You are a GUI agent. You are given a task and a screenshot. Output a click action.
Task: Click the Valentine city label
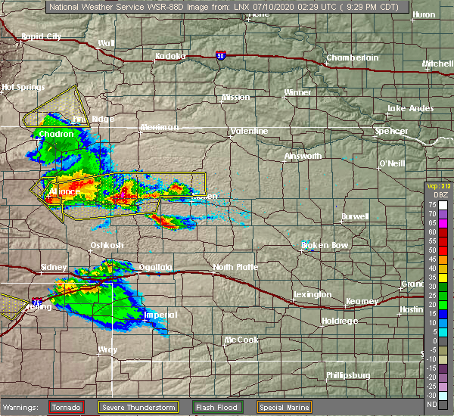coord(250,131)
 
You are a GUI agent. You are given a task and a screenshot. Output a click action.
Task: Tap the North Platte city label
coord(235,267)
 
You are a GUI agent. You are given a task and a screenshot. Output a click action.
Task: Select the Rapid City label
coord(42,36)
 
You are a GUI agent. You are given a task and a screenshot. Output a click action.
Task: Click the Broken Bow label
coord(325,245)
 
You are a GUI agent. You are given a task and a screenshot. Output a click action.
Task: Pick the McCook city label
coord(242,340)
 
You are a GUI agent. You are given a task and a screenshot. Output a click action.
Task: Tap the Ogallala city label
coord(155,267)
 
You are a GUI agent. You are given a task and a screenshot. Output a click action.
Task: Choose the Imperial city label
coord(160,315)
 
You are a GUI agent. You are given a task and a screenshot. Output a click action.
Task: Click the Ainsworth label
coord(303,156)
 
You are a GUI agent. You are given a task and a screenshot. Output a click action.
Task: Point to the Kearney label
coord(362,300)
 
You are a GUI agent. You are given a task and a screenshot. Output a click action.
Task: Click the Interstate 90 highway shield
coord(219,55)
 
